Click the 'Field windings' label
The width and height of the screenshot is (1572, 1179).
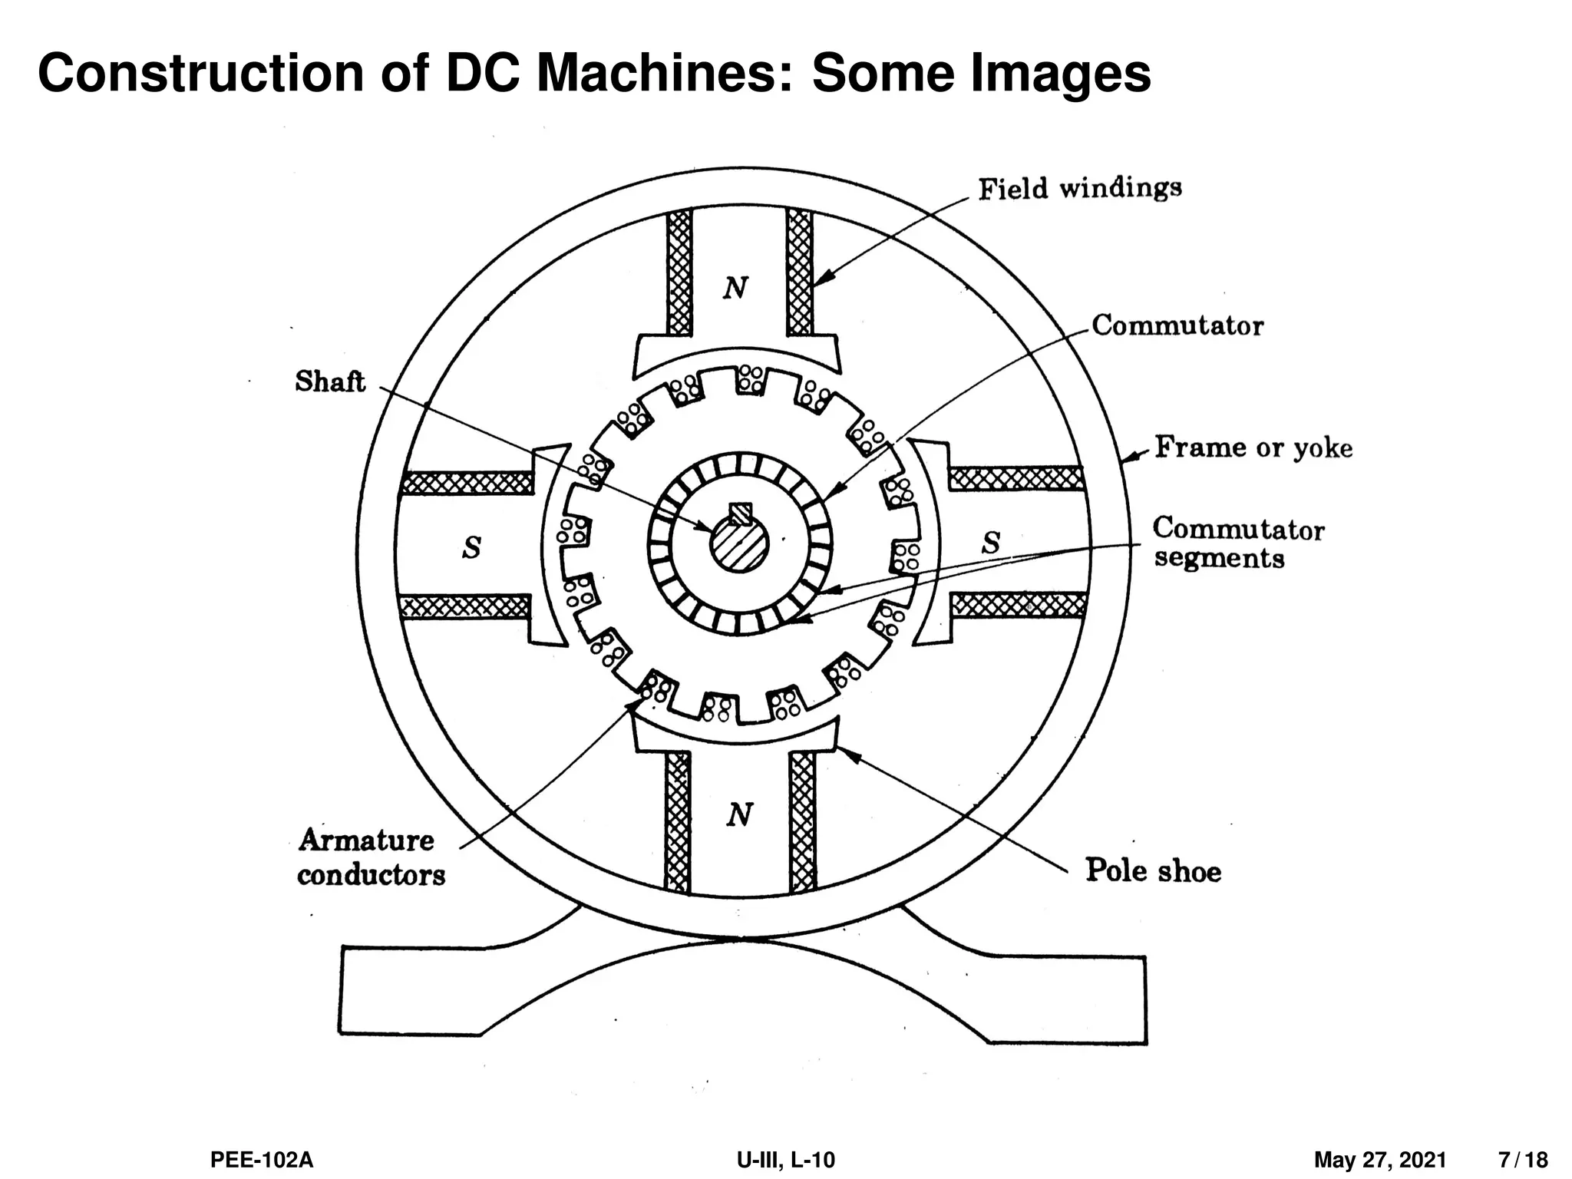[1079, 188]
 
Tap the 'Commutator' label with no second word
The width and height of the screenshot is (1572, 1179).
[1177, 325]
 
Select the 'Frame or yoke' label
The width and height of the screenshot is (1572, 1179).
[1253, 447]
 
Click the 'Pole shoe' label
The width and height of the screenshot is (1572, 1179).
[1152, 870]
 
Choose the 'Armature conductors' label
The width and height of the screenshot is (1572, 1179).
[371, 857]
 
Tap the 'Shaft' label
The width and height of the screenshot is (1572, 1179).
[330, 381]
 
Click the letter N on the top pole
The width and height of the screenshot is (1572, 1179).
[735, 289]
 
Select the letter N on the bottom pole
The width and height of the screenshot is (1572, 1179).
[738, 814]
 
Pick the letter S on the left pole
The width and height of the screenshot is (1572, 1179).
[471, 548]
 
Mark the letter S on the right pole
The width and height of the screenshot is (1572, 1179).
[991, 543]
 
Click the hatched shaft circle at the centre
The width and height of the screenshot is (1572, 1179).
[739, 547]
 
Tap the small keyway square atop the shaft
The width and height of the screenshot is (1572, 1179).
[740, 513]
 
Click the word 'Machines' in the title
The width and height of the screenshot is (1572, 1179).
[665, 74]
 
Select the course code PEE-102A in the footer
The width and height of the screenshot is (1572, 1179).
[262, 1160]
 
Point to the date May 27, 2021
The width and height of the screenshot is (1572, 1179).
[1379, 1160]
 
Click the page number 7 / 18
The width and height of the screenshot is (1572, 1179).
[1523, 1160]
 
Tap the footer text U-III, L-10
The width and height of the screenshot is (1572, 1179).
[785, 1160]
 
